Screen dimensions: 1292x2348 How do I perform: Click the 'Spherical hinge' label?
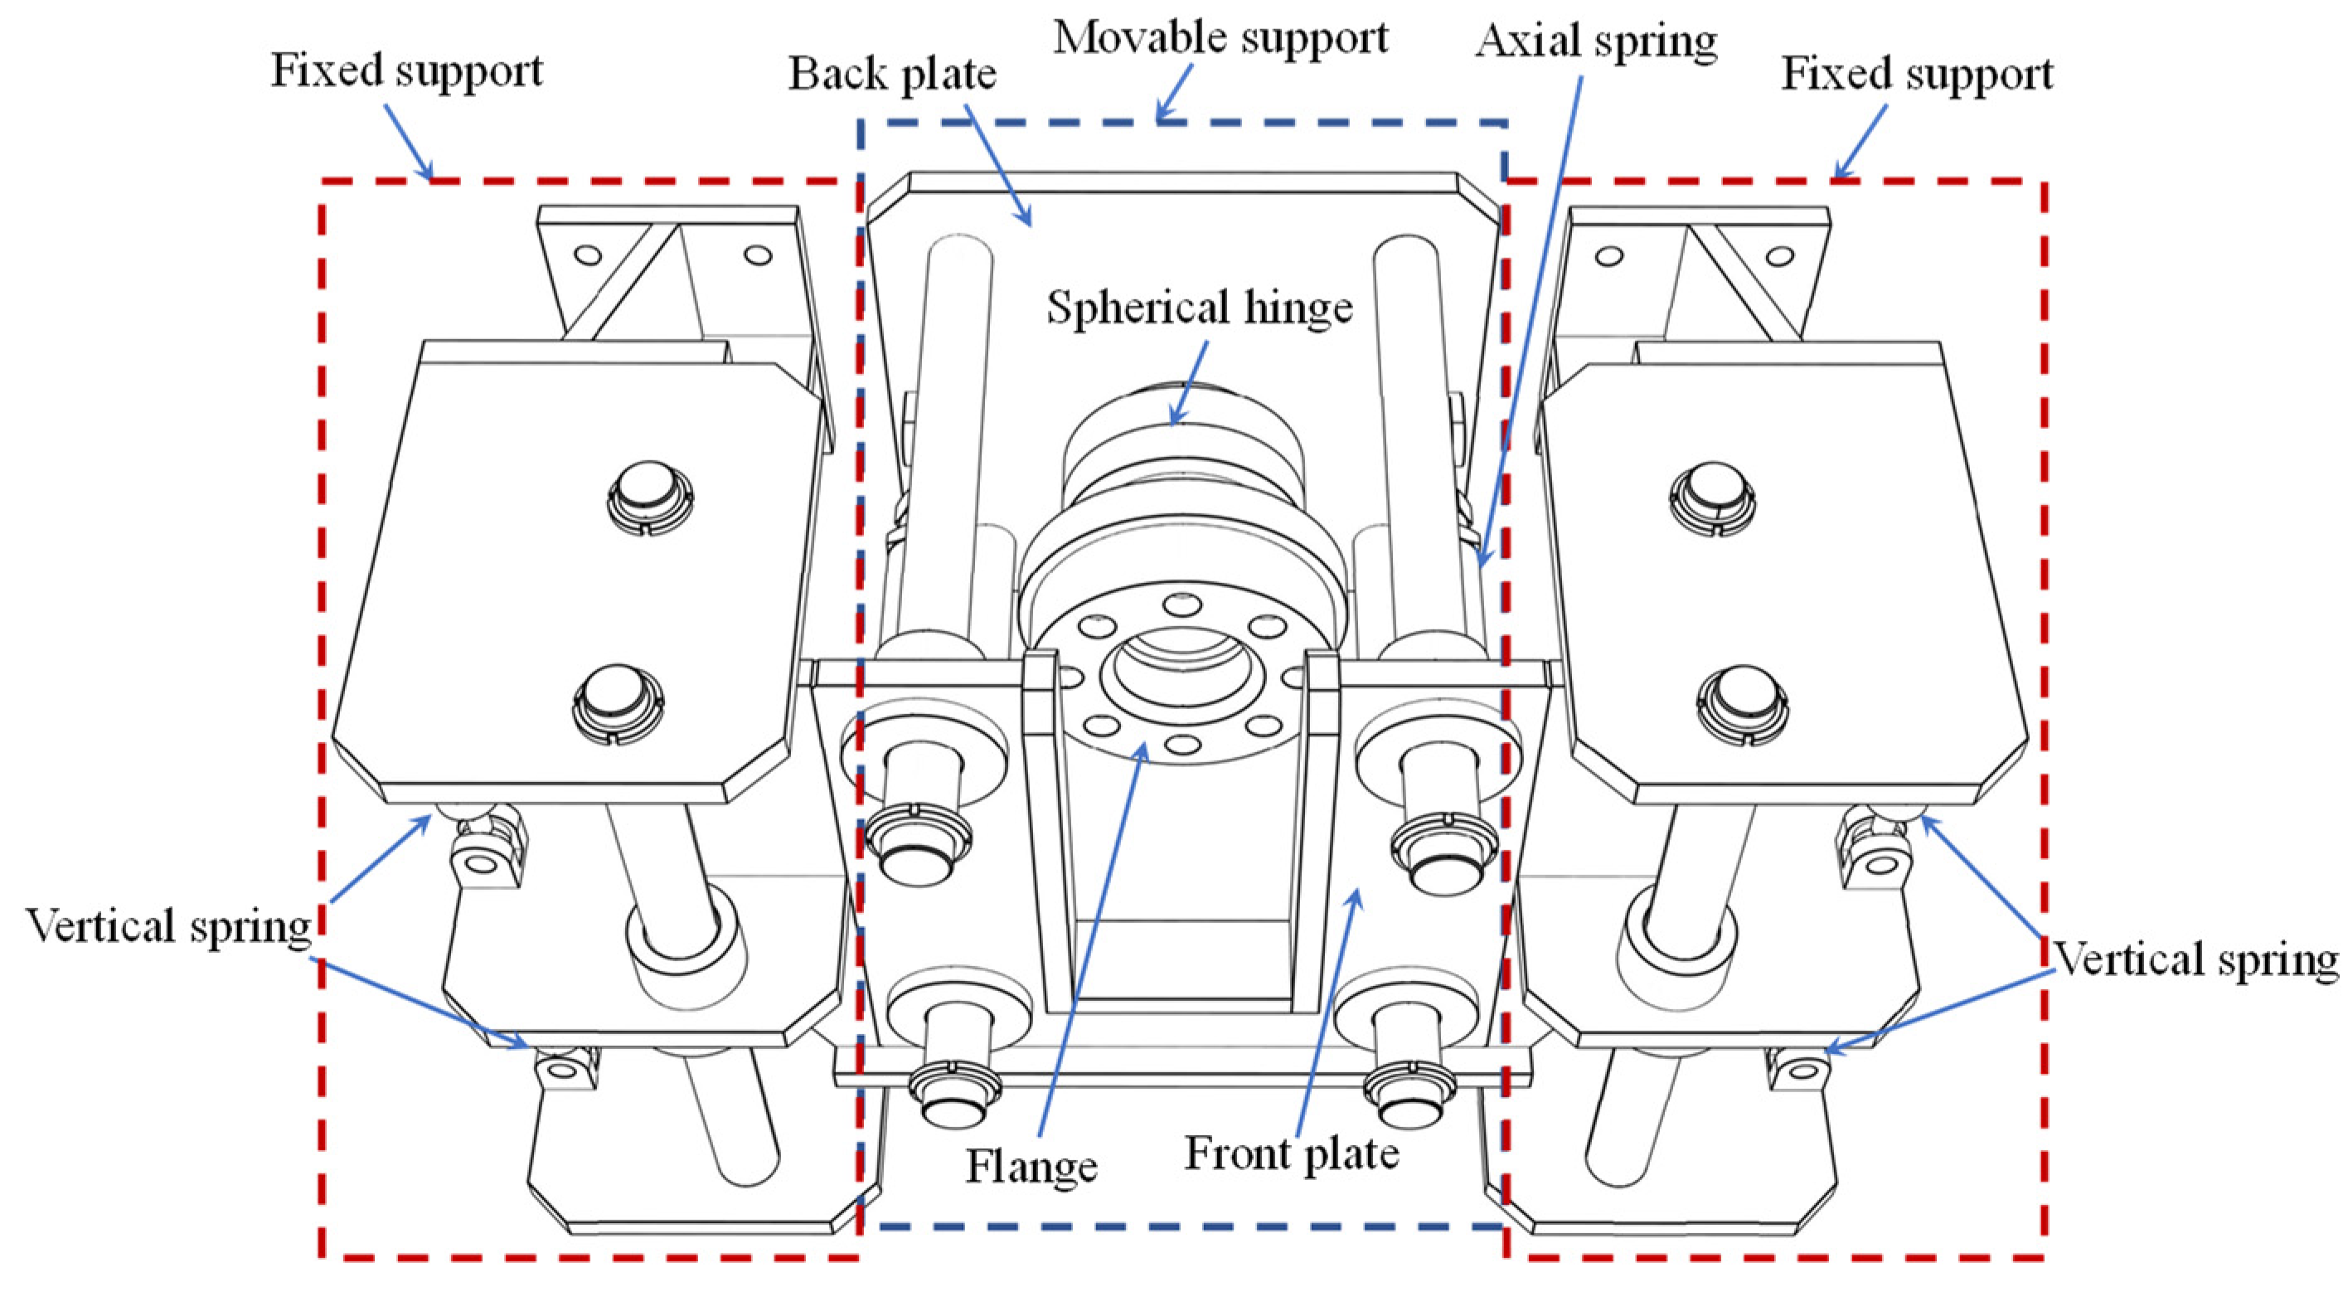[x=1199, y=308]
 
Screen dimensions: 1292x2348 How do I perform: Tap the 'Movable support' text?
[x=1220, y=38]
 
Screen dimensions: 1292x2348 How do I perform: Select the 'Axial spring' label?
[x=1596, y=41]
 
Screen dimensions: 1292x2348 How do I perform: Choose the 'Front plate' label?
[x=1291, y=1154]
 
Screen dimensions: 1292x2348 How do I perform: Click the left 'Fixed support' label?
[x=406, y=70]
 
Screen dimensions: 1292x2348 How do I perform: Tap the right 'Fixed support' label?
[x=1917, y=74]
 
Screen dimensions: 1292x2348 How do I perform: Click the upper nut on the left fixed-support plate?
[x=649, y=497]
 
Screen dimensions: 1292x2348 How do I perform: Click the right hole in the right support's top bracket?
[x=1779, y=256]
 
